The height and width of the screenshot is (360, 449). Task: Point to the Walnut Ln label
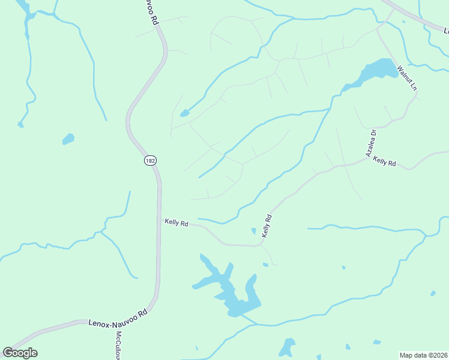coord(406,77)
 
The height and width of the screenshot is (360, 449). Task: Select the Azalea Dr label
coord(370,143)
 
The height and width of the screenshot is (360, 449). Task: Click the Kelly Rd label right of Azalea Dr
coord(384,161)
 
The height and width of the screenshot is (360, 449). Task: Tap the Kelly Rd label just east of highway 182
coord(176,223)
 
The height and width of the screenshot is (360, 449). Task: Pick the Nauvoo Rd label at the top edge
coord(155,12)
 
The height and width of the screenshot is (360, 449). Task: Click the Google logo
coord(20,353)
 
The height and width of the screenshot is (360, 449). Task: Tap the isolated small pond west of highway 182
coord(68,139)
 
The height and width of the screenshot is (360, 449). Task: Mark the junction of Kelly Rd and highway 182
coord(160,219)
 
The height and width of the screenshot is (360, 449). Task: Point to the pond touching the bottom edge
coord(286,349)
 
